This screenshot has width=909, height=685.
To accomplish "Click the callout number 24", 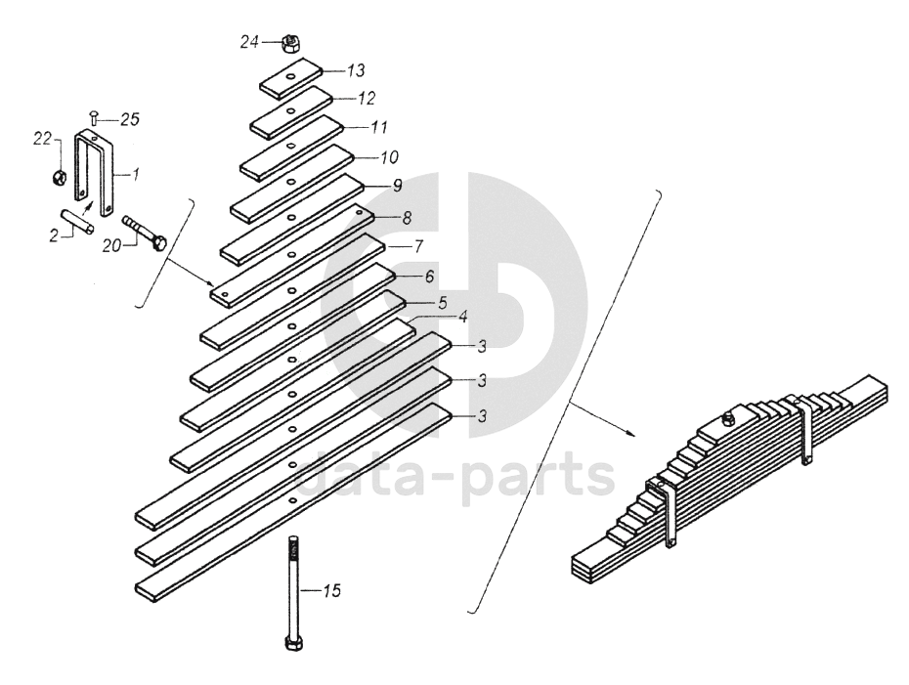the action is click(x=249, y=42).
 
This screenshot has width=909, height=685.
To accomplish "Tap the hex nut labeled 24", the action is click(x=289, y=43).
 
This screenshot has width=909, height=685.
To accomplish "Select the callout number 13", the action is click(x=356, y=70).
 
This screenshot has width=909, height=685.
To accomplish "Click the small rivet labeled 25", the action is click(x=94, y=119).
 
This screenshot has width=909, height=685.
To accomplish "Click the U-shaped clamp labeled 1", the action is click(x=96, y=173).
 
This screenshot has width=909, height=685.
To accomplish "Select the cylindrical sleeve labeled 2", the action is click(x=77, y=222).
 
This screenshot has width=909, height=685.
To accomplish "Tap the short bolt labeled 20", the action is click(x=144, y=233).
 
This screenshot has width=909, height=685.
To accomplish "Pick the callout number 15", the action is click(x=332, y=591).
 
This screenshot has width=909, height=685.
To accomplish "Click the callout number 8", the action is click(x=407, y=218).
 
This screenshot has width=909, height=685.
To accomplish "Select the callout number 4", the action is click(x=462, y=317).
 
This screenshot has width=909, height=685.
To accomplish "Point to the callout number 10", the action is click(x=390, y=157).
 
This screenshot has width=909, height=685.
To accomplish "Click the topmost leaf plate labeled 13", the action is click(x=290, y=78).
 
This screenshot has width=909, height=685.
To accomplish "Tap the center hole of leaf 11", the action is click(x=290, y=146).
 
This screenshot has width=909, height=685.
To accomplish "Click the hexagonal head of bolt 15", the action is click(x=294, y=644).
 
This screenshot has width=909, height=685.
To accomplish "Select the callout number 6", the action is click(x=429, y=277).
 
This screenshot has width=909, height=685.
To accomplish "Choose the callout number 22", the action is click(x=42, y=140).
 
